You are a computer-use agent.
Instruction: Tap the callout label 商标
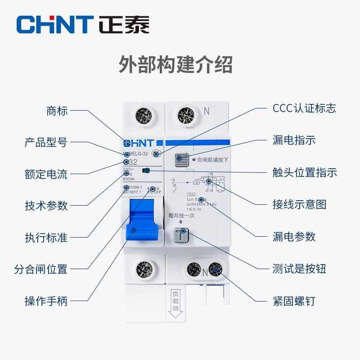pos(57,110)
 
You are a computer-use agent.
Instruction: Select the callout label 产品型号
pos(45,143)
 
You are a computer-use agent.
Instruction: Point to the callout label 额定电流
pos(45,174)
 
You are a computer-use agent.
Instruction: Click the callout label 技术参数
pos(45,206)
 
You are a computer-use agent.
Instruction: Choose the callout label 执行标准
pos(45,237)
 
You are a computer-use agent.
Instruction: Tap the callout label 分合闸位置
pos(40,269)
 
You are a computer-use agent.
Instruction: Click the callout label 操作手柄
pos(45,301)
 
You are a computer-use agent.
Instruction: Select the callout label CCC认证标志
pos(304,108)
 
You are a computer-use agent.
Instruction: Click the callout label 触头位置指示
pos(304,172)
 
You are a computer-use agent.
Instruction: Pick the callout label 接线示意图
pos(299,205)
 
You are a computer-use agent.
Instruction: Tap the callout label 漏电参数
pos(294,237)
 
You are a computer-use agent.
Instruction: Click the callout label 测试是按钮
pos(299,269)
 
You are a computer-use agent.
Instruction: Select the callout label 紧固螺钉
pos(294,301)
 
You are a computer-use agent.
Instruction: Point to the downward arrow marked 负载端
pos(175,306)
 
